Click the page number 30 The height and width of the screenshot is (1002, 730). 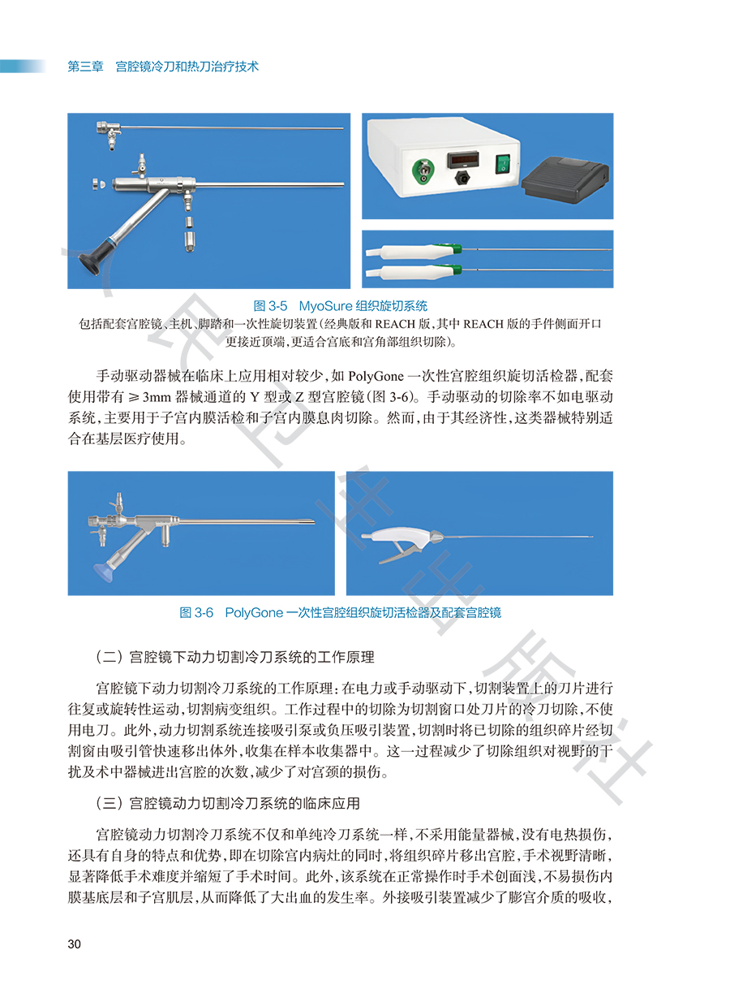[x=74, y=944]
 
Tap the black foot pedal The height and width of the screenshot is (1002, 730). [x=565, y=179]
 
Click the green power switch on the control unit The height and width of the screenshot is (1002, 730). [x=503, y=163]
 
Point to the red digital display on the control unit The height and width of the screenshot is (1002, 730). [x=463, y=159]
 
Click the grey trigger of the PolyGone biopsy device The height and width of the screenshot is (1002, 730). [x=396, y=554]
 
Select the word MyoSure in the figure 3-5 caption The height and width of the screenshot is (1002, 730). [x=325, y=306]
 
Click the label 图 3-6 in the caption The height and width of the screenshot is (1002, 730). [x=196, y=612]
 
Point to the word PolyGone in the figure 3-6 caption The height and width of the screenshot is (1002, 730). [x=254, y=612]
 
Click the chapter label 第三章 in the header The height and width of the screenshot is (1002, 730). [x=85, y=67]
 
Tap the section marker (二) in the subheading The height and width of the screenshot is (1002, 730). [x=109, y=657]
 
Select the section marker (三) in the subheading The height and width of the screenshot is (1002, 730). [x=109, y=803]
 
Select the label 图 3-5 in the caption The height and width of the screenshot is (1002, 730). [x=270, y=306]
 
